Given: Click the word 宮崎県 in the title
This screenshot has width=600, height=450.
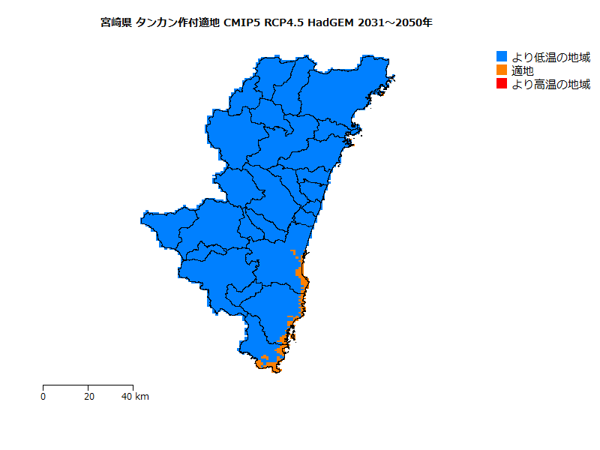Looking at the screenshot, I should [116, 22].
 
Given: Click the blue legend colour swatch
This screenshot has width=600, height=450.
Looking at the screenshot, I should [502, 57].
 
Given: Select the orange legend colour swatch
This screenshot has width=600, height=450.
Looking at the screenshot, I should [502, 70].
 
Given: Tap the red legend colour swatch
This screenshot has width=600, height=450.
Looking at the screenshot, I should [502, 84].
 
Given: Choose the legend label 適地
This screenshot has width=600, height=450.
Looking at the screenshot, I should [523, 70].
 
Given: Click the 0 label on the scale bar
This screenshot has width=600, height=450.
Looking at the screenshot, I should [43, 396].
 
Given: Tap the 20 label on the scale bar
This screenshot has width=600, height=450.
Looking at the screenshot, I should [89, 396].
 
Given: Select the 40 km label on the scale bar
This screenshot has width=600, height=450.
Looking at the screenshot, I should [136, 396].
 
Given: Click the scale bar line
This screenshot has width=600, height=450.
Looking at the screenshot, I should [88, 385].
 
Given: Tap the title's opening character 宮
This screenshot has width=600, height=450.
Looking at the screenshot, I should [105, 22].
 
